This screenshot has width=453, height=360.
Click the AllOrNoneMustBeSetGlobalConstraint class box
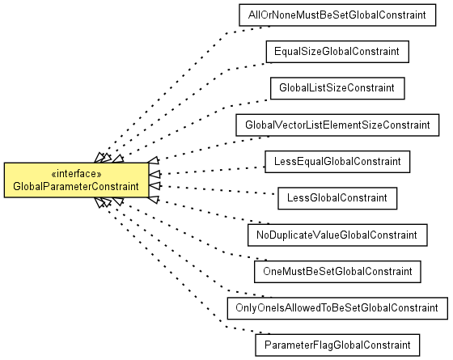tap(337, 15)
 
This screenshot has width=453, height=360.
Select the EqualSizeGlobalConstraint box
tap(337, 52)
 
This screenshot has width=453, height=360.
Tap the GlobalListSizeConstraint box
tap(337, 88)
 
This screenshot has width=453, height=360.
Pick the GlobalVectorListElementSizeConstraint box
tap(337, 125)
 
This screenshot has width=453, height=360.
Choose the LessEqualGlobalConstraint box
tap(337, 162)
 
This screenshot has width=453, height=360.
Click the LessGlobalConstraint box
tap(337, 198)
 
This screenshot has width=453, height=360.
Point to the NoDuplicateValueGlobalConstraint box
tap(337, 235)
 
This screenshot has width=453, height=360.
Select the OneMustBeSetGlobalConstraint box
tap(337, 272)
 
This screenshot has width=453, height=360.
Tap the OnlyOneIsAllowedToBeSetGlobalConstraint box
tap(337, 308)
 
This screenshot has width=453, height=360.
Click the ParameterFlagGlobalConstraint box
tap(337, 345)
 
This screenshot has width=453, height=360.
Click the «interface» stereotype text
tap(76, 174)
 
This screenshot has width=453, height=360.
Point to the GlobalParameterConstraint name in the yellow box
tap(76, 187)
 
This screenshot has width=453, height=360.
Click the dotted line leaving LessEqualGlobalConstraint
tap(212, 171)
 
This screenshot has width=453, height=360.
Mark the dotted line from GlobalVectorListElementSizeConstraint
tap(214, 147)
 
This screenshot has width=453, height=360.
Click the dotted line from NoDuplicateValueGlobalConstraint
tap(214, 211)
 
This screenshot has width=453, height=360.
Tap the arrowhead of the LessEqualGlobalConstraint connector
tap(155, 174)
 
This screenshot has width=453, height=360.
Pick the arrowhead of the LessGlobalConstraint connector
tap(155, 186)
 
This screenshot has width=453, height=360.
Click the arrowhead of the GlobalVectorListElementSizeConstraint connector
tap(153, 160)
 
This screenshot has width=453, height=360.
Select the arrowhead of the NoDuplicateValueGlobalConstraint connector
tap(154, 199)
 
